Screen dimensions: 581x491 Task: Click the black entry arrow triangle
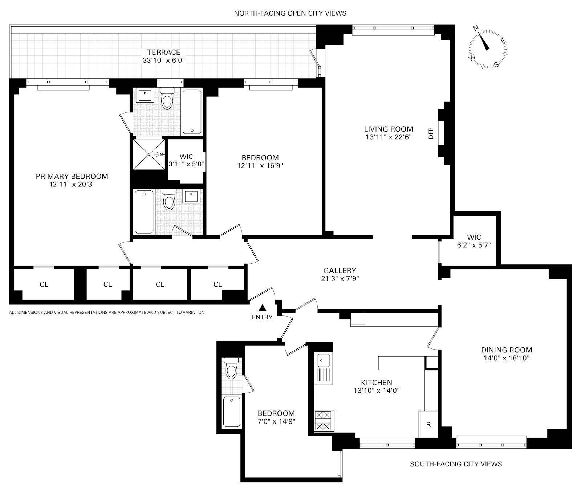pos(263,308)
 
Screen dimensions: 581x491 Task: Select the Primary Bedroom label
pos(72,176)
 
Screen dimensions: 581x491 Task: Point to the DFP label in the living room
pos(431,133)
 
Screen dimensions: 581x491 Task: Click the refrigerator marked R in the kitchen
pos(428,424)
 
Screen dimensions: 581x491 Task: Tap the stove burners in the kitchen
pos(323,421)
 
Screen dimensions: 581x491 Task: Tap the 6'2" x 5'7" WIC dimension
pos(474,245)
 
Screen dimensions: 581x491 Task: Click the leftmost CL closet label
pos(44,285)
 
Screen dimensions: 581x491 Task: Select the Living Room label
pos(389,129)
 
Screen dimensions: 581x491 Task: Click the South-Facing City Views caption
pos(456,464)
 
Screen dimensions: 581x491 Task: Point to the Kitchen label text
pos(377,383)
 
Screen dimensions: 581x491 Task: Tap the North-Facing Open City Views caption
pos(290,13)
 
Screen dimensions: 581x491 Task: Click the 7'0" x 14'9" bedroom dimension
pos(276,421)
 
